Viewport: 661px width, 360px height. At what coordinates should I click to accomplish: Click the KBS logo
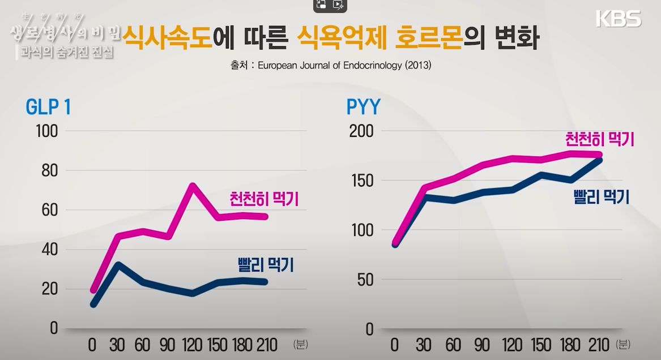click(619, 18)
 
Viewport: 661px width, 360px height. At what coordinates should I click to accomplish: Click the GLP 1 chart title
click(48, 107)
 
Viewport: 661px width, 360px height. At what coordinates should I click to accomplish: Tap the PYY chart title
click(364, 107)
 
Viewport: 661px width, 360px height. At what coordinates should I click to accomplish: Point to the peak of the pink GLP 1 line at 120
click(193, 186)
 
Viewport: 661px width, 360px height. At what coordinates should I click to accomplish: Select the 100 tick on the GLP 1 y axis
click(46, 131)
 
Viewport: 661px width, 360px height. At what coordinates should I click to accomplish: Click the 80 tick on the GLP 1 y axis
click(49, 171)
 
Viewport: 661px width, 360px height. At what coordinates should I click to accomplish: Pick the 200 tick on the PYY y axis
click(361, 131)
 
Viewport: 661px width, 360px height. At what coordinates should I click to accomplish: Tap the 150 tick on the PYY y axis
click(361, 181)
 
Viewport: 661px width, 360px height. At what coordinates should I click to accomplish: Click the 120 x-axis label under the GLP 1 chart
click(192, 345)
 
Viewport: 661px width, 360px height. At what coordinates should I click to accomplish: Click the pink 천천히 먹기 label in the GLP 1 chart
click(264, 199)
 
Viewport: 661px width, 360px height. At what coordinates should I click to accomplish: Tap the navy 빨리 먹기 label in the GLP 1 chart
click(266, 265)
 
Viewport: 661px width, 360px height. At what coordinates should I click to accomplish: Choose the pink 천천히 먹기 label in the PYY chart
click(599, 139)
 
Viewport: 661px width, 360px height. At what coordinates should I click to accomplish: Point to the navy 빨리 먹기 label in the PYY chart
click(601, 197)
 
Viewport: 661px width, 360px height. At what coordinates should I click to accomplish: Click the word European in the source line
click(279, 66)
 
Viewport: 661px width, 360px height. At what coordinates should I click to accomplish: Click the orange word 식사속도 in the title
click(168, 38)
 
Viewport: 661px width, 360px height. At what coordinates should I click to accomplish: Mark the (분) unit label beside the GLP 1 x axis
click(300, 344)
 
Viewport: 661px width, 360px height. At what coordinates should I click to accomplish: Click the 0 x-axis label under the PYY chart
click(395, 345)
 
